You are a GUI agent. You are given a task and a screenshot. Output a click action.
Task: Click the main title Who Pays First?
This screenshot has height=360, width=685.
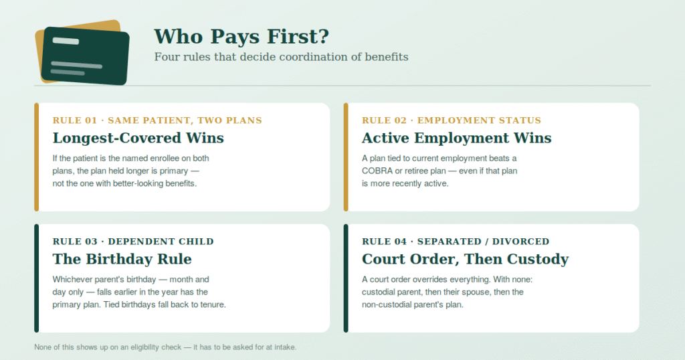coord(241,36)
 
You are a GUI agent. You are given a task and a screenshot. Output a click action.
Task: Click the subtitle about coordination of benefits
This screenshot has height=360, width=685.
coord(282,57)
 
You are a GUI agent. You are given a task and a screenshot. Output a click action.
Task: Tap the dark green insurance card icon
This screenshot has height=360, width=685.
coord(86,56)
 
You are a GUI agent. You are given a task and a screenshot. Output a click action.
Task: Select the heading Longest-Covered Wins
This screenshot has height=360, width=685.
coord(138,138)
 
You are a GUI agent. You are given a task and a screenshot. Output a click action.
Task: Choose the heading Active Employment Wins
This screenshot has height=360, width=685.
coord(456,138)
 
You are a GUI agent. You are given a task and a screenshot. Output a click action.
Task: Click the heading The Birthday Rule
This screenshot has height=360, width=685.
coord(122,259)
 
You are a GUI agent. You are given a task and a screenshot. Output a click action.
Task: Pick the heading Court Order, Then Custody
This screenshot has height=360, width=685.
coord(466,260)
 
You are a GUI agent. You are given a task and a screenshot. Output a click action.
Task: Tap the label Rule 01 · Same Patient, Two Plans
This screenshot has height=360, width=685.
coord(157,120)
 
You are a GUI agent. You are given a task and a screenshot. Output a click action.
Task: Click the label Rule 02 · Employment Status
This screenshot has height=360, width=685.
coord(452,120)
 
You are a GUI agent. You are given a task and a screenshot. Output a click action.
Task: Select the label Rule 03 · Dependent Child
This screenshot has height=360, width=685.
coord(133,242)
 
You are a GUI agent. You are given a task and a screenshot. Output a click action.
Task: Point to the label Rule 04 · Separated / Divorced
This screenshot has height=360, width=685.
coord(456,242)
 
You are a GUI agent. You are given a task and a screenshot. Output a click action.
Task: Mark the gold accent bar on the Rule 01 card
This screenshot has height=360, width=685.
coord(37,157)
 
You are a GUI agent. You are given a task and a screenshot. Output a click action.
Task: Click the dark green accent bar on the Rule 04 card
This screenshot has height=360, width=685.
coord(346,278)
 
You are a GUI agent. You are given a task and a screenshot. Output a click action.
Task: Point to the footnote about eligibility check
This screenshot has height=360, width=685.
coord(165,347)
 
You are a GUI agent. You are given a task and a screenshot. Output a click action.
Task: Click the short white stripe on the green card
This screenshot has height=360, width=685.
coord(66,41)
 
